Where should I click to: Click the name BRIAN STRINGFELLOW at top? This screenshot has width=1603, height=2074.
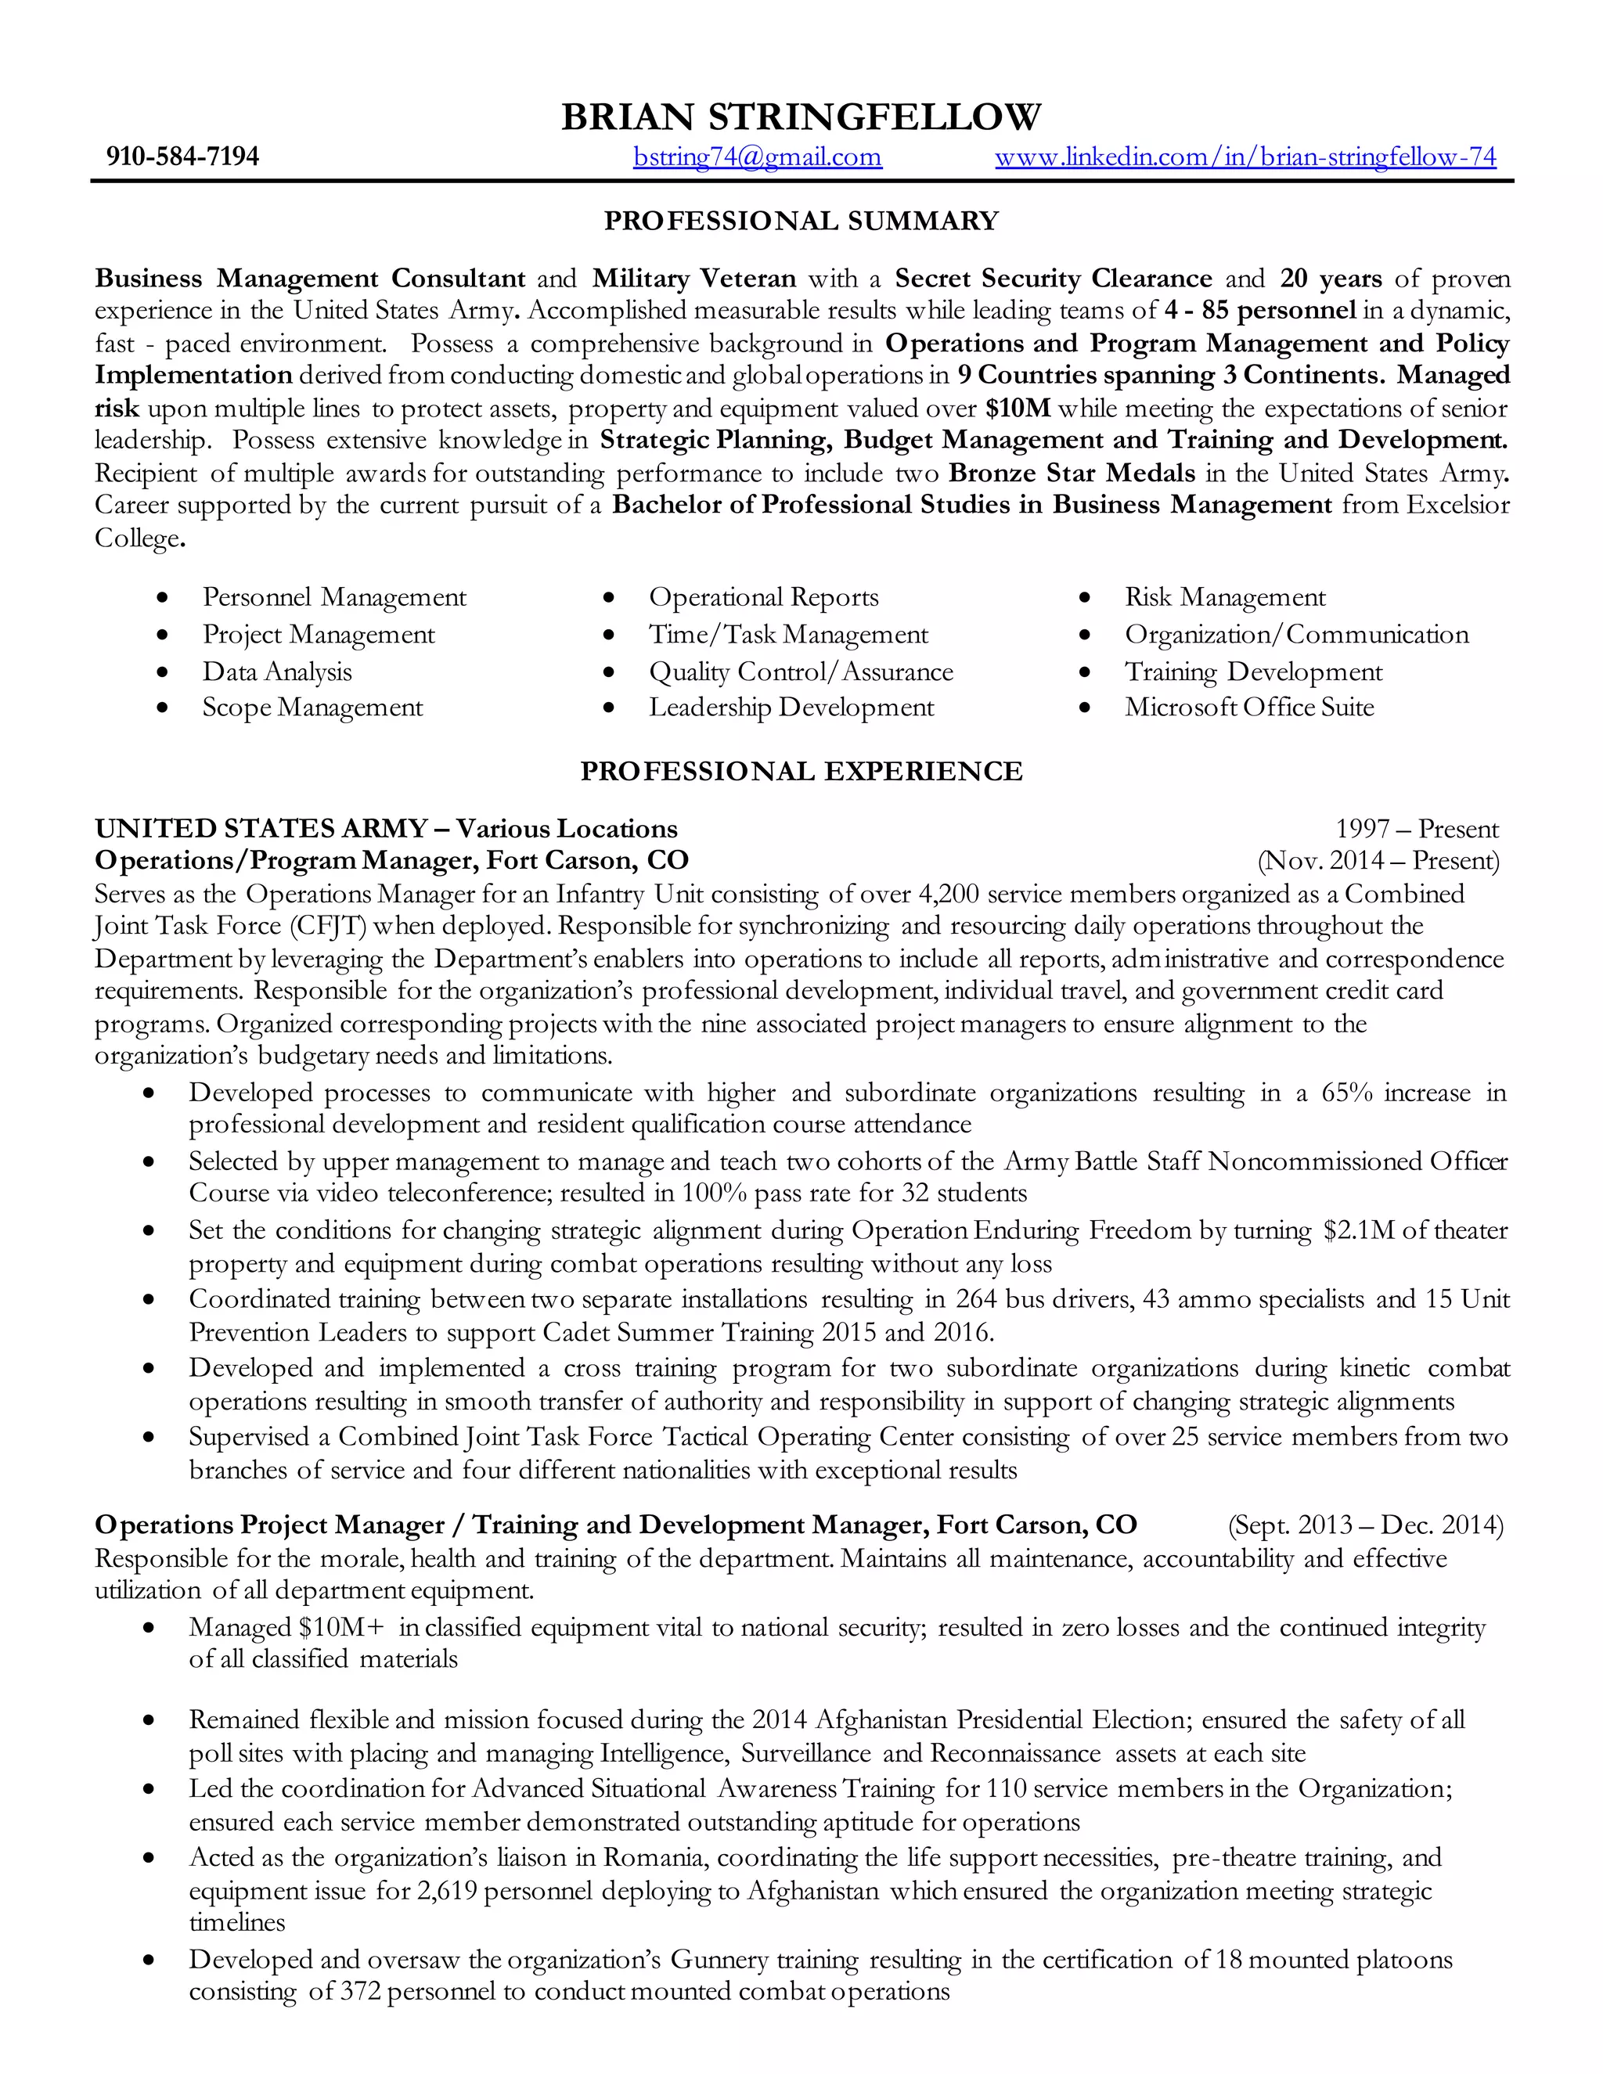tap(801, 117)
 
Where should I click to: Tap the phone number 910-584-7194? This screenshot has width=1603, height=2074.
tap(182, 157)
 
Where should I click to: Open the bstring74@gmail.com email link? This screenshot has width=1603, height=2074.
tap(757, 157)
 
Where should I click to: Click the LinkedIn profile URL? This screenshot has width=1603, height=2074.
tap(1245, 157)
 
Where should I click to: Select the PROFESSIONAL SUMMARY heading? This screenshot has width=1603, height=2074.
tap(801, 221)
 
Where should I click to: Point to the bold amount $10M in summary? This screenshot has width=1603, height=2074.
tap(1018, 409)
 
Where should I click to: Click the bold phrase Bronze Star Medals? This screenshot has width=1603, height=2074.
tap(1072, 473)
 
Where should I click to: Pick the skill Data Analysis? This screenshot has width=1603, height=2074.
tap(276, 672)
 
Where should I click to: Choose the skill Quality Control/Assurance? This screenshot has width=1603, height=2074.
tap(801, 672)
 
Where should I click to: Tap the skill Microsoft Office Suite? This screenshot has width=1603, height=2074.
tap(1248, 707)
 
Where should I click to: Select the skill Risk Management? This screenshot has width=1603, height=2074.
tap(1224, 597)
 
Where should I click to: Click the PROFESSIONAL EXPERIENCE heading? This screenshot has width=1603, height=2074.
tap(801, 771)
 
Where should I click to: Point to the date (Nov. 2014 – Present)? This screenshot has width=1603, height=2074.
tap(1378, 862)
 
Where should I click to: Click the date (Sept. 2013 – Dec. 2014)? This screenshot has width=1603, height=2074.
tap(1366, 1525)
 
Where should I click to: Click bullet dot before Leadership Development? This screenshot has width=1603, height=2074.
tap(610, 708)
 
